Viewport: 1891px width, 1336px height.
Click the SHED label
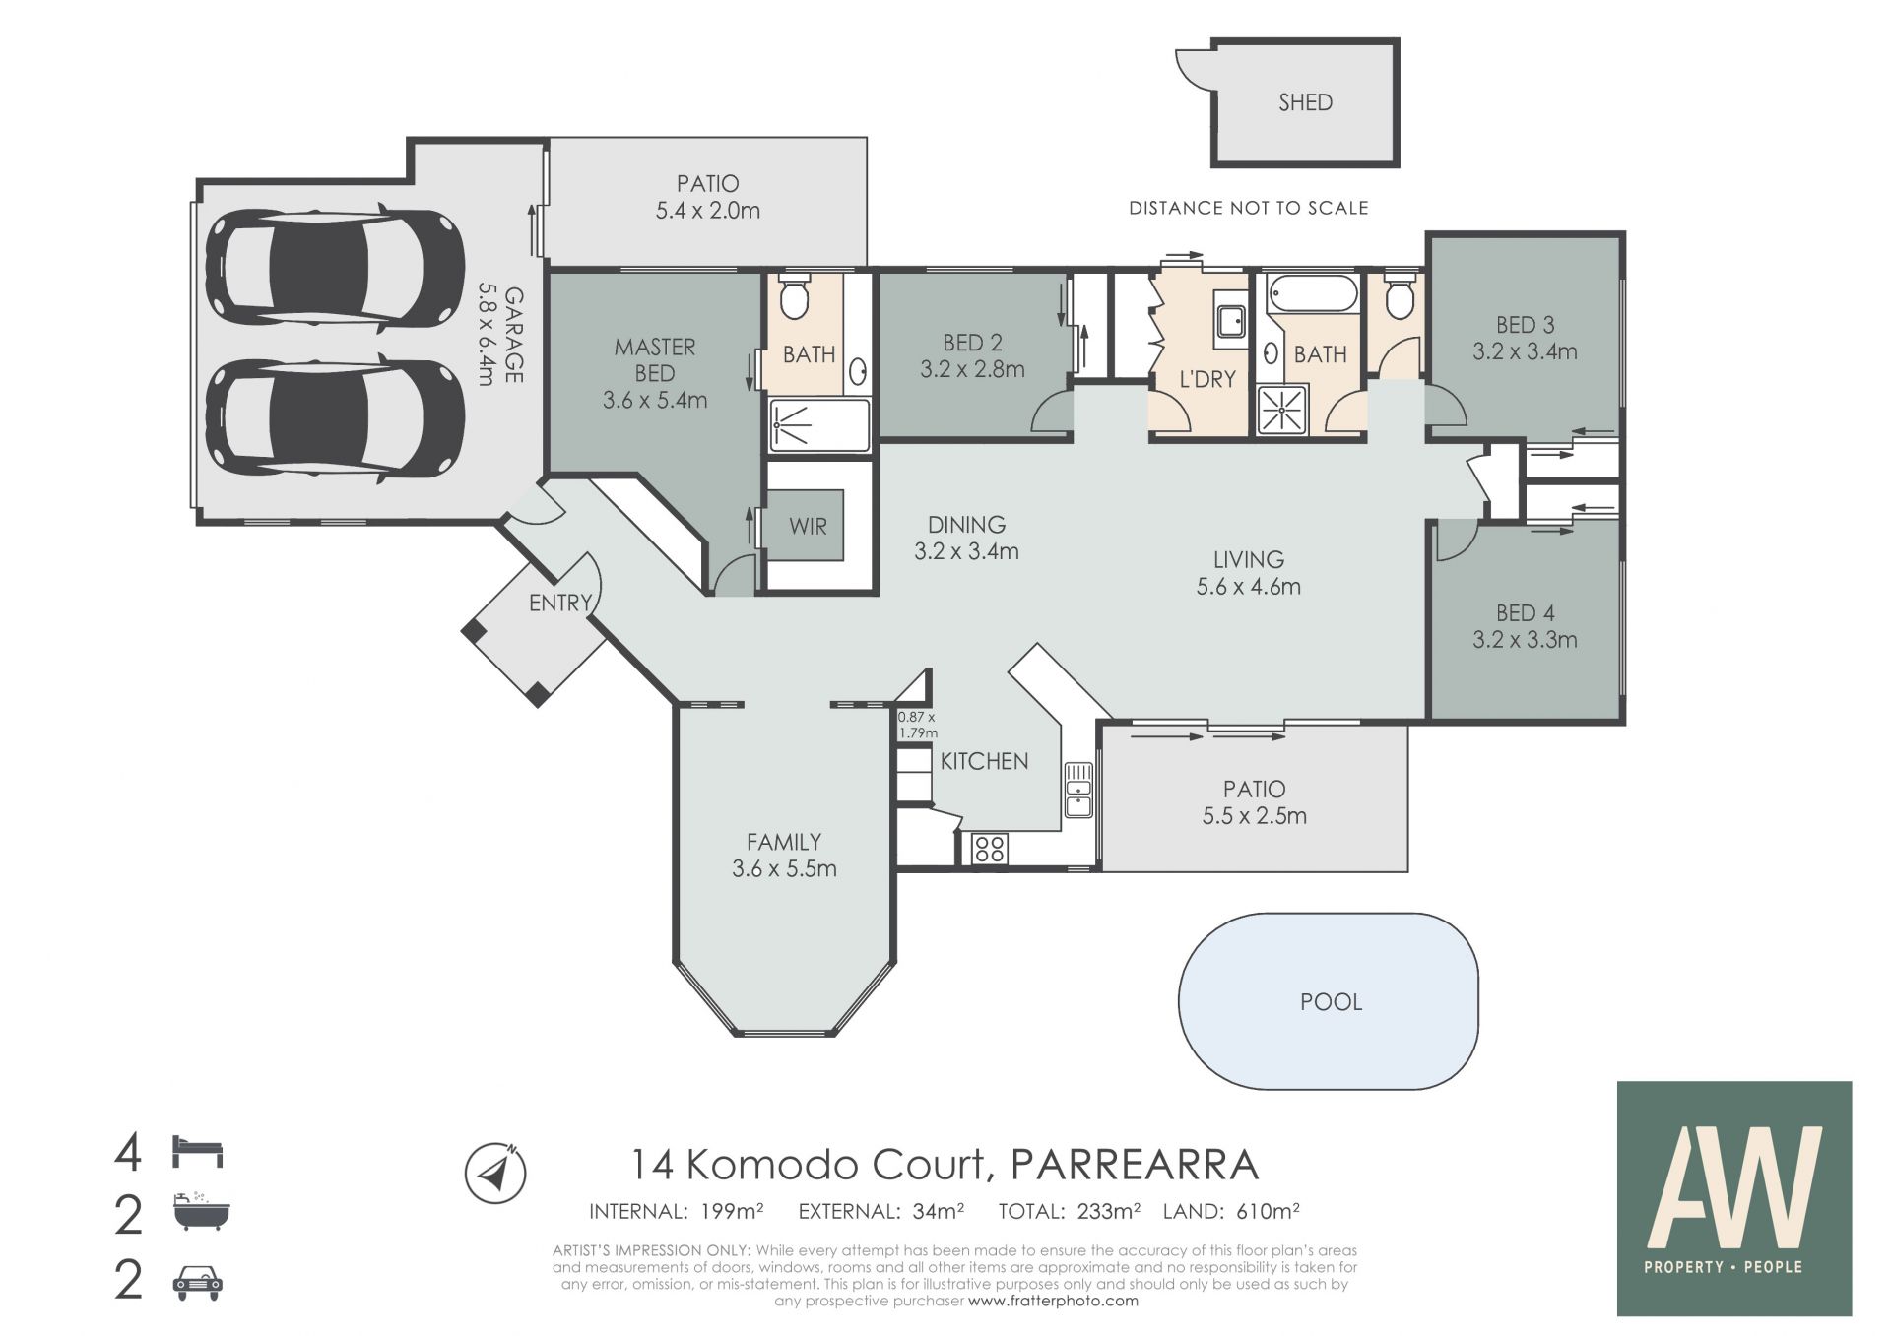coord(1305,102)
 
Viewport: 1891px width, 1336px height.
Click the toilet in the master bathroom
coord(793,297)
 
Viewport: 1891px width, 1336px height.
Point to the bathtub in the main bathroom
coord(1313,293)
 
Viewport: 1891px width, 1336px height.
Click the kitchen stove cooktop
coord(990,849)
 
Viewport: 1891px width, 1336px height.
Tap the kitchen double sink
coord(1078,790)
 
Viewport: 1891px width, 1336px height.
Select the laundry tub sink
coord(1230,321)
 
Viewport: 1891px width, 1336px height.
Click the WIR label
coord(808,526)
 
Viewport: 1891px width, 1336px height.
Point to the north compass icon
coord(495,1173)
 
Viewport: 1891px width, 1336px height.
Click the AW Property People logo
coord(1734,1198)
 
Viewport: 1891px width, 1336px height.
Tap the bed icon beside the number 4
coord(198,1152)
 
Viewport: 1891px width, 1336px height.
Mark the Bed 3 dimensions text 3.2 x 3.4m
coord(1525,351)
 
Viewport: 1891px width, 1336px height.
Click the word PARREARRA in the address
coord(1136,1165)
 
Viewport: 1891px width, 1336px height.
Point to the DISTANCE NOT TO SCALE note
coord(1248,208)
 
